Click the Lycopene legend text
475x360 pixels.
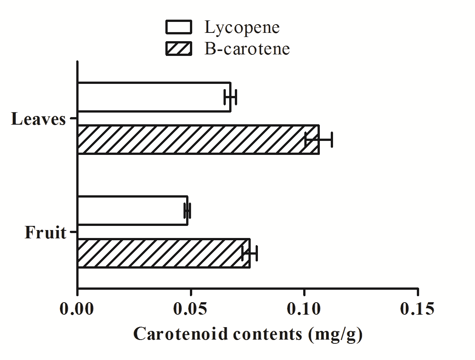point(242,28)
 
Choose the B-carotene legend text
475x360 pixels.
point(247,49)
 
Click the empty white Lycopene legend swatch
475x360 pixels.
point(179,27)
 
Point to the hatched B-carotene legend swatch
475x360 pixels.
point(179,49)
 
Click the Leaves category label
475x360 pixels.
point(39,119)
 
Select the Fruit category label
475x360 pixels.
point(46,233)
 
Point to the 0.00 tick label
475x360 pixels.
point(77,309)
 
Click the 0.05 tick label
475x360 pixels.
point(191,309)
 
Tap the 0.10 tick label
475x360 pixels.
point(304,309)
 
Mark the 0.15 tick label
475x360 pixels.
point(417,309)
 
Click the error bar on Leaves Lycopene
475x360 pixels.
point(230,97)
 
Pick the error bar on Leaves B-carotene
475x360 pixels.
point(319,140)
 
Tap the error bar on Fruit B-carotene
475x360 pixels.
point(250,253)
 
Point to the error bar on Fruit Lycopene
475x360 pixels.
point(187,211)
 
